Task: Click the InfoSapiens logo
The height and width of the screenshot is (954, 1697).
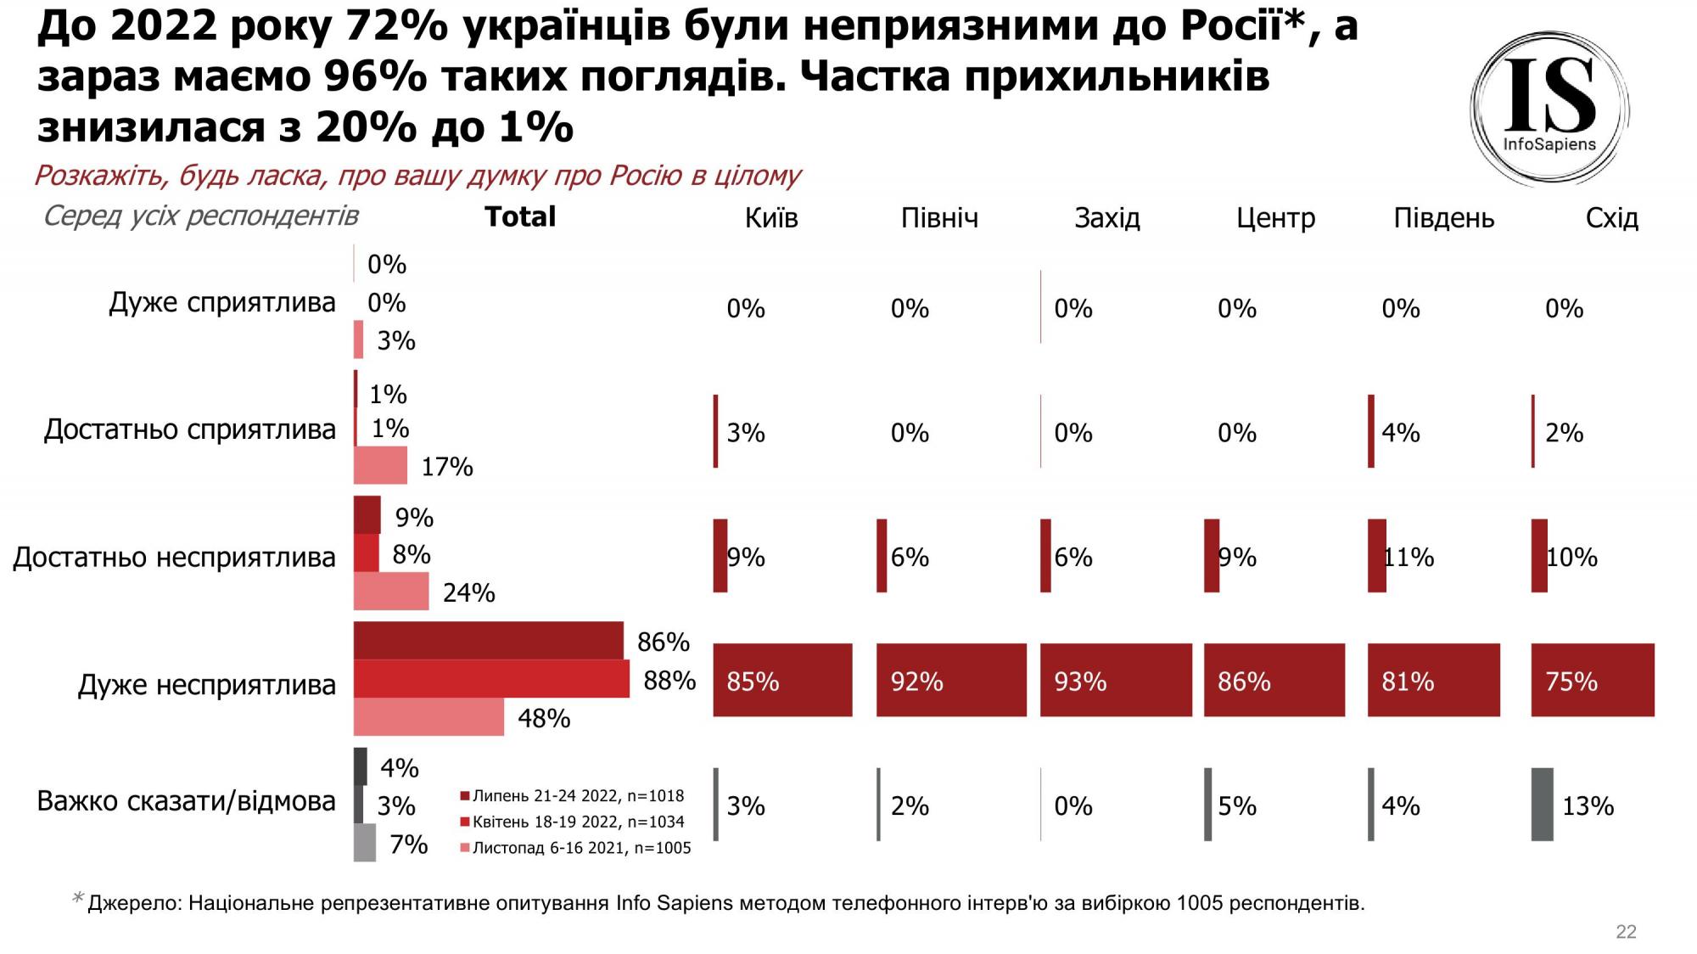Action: click(1549, 109)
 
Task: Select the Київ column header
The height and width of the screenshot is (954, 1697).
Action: click(771, 218)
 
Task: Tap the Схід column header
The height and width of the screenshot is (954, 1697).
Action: click(1611, 218)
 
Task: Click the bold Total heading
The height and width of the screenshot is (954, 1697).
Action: click(520, 216)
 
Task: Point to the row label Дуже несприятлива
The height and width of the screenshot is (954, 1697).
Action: click(207, 684)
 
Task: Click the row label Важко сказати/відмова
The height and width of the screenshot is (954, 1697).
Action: click(186, 800)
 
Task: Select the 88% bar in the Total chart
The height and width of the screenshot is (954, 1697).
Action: click(491, 679)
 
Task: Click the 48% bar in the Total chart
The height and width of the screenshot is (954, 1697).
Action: click(428, 717)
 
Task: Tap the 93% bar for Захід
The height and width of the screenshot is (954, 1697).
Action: click(1116, 680)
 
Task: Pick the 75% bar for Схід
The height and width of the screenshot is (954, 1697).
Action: click(1593, 680)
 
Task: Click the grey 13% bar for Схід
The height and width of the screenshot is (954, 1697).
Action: click(1542, 805)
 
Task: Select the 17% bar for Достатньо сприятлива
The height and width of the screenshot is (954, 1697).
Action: click(380, 465)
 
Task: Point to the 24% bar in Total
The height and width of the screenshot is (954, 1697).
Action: click(391, 591)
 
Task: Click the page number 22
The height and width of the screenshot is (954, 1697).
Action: click(1626, 931)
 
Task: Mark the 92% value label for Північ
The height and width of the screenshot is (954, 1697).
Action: click(916, 682)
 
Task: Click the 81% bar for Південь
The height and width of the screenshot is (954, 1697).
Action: click(1433, 680)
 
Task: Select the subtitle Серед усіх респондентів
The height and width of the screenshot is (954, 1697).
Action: click(201, 216)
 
